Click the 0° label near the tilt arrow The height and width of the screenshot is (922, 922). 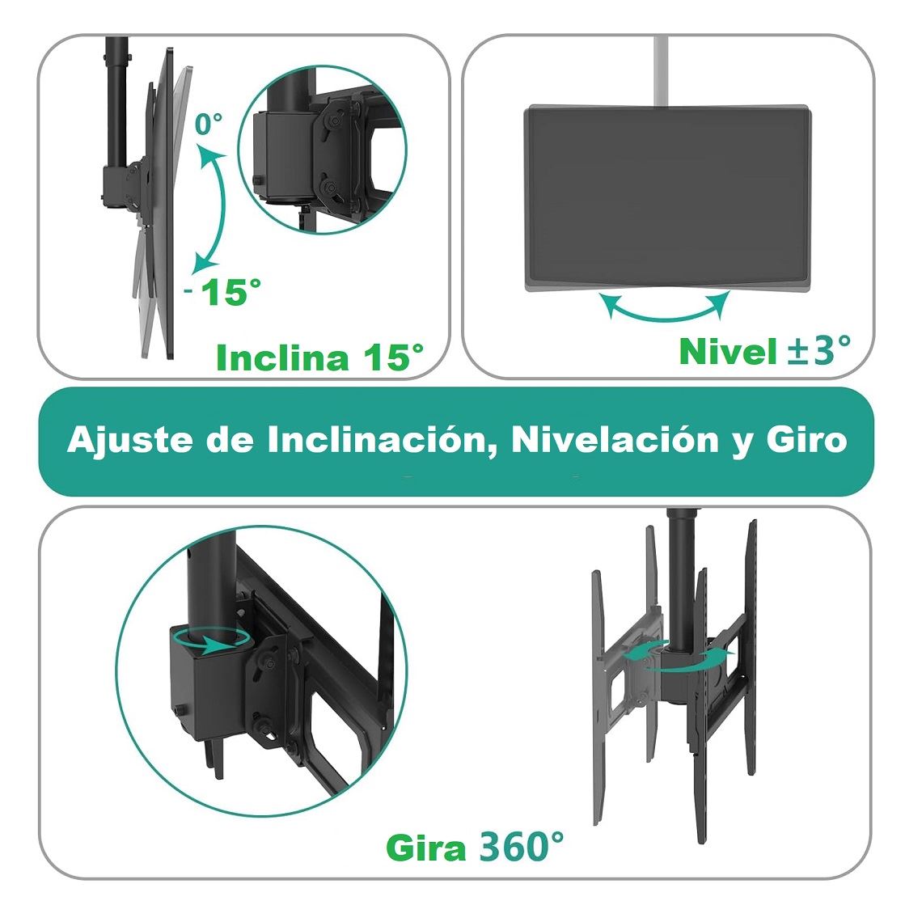click(209, 124)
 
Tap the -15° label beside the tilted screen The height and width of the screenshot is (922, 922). click(223, 291)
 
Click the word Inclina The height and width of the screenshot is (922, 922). click(282, 357)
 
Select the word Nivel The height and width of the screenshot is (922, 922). click(729, 352)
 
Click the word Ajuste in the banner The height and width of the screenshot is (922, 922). click(130, 440)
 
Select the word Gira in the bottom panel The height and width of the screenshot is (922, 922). click(426, 848)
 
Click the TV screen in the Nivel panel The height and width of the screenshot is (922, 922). click(667, 198)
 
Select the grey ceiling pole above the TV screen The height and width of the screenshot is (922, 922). click(661, 70)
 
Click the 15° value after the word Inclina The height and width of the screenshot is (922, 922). click(393, 357)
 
